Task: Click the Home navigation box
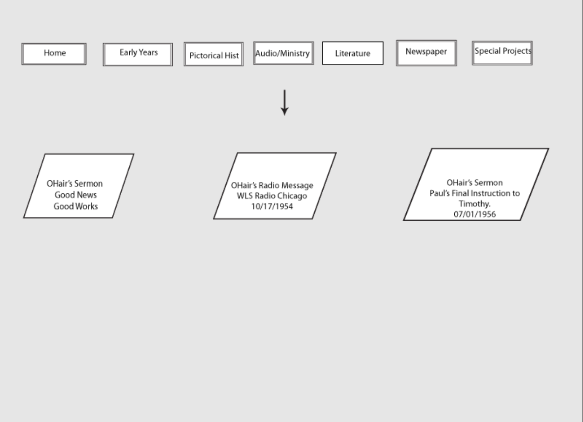pos(54,54)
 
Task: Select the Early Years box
pos(138,55)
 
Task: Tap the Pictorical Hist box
pos(214,54)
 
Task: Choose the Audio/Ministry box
pos(284,53)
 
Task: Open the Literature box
pos(353,53)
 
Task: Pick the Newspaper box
pos(427,53)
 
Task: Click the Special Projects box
pos(502,53)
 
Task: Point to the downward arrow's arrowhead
pos(285,111)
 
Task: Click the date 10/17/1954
pos(272,207)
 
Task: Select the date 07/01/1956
pos(475,214)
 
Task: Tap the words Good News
pos(76,195)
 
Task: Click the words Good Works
pos(76,206)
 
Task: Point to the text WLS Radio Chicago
pos(272,196)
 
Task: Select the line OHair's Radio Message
pos(272,185)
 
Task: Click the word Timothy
pos(474,204)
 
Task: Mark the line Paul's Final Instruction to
pos(475,193)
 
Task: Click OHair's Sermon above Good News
pos(75,183)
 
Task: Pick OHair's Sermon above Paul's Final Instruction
pos(475,183)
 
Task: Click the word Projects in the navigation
pos(517,51)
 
